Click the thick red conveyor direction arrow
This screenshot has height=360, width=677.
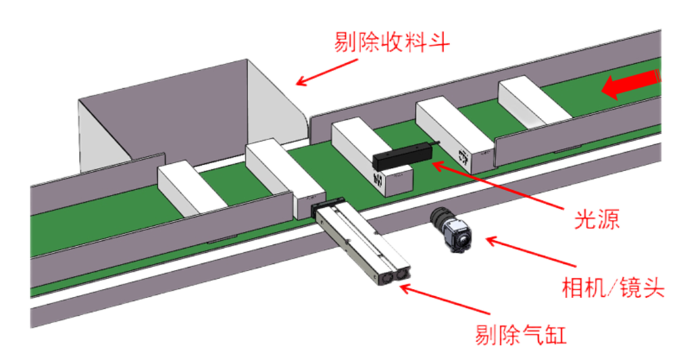click(x=630, y=83)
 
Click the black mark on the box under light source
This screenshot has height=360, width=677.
click(x=377, y=180)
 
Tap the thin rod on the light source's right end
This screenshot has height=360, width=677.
click(x=434, y=141)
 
